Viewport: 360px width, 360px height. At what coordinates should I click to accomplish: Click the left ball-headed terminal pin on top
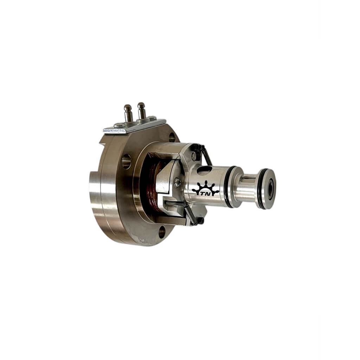(128, 113)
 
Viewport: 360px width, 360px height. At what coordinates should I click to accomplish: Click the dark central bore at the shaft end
(270, 189)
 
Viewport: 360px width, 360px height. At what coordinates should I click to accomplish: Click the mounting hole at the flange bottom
(162, 232)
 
